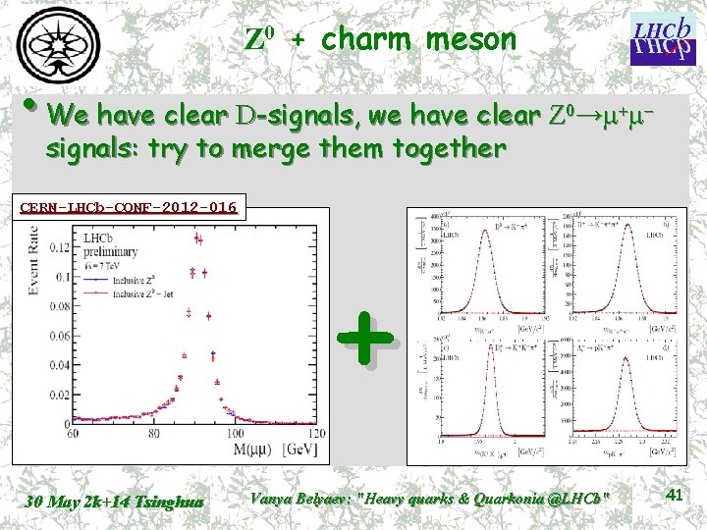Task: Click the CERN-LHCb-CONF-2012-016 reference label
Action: click(x=129, y=207)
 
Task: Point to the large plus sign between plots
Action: click(x=365, y=339)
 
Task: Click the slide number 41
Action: click(x=674, y=496)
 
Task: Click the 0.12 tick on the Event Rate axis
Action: click(x=58, y=245)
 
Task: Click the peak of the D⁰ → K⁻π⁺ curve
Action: click(x=483, y=230)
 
